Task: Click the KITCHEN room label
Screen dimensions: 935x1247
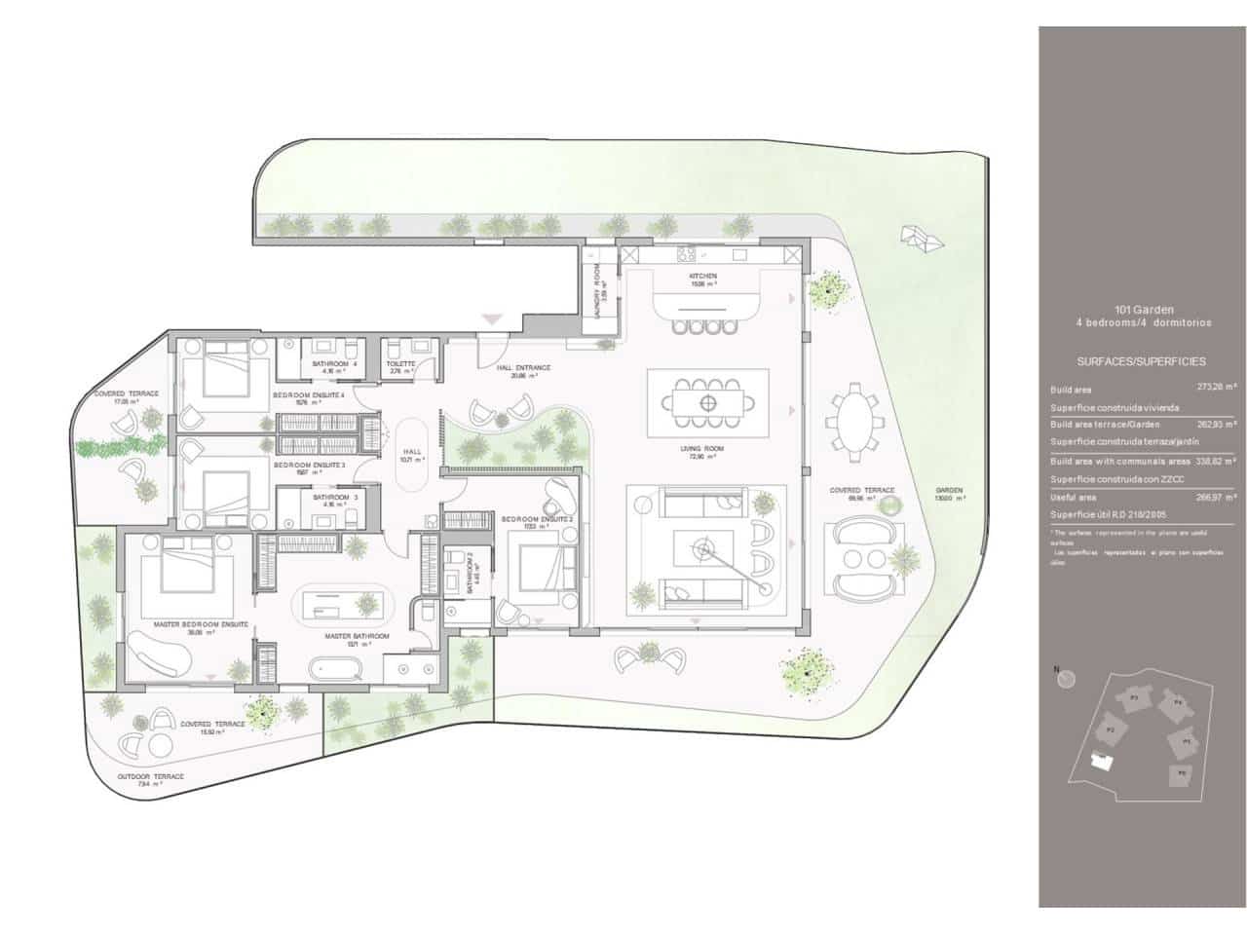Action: [703, 277]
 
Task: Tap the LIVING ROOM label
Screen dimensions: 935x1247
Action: [708, 449]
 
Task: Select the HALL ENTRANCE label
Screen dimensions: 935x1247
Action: [523, 367]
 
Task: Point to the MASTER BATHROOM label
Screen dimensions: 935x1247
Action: [358, 636]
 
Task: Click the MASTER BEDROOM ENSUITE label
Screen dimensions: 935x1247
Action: [201, 623]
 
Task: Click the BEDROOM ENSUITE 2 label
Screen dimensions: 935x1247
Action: [536, 520]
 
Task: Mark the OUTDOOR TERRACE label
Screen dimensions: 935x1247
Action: [151, 776]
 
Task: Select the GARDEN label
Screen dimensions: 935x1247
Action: [949, 491]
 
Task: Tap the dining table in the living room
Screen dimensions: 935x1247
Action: [708, 401]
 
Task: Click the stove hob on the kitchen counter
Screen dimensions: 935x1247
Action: [685, 255]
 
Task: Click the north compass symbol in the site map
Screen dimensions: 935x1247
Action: [1067, 678]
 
